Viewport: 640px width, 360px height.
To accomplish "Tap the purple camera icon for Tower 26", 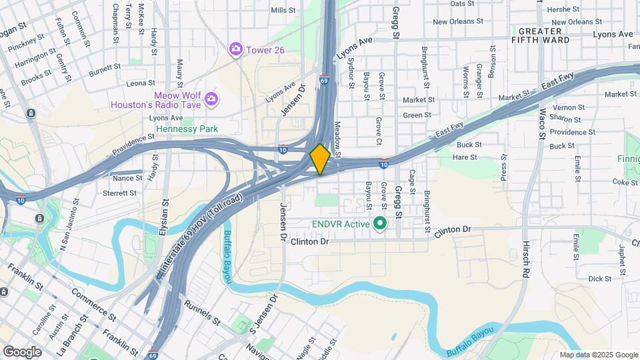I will point(235,49).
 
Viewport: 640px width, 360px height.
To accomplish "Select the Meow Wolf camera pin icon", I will point(211,99).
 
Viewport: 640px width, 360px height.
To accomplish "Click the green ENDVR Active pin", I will point(381,223).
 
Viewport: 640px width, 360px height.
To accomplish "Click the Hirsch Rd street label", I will point(526,259).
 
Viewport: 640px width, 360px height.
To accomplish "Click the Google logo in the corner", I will point(22,351).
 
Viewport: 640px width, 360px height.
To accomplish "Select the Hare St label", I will point(465,157).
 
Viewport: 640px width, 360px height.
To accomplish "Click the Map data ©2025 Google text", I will point(599,355).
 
